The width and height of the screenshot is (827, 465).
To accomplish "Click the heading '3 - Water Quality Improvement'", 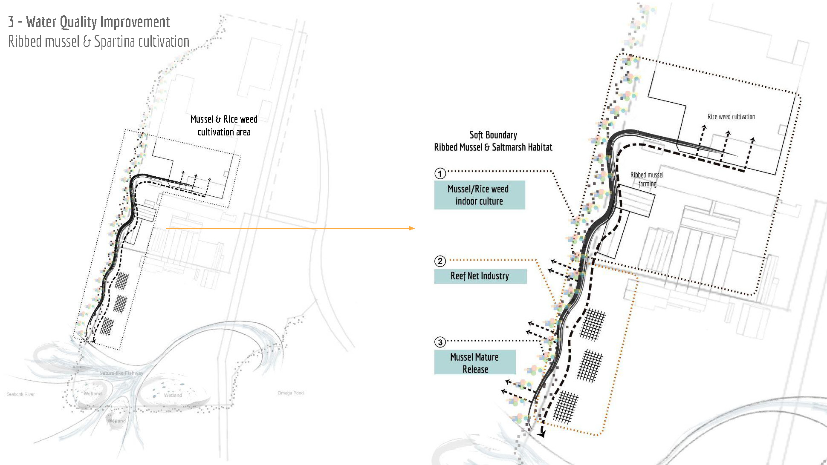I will (x=89, y=22).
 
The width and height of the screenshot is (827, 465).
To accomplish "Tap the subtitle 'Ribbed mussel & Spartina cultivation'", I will (x=98, y=42).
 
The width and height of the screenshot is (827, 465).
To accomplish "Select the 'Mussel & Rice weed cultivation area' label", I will (x=224, y=126).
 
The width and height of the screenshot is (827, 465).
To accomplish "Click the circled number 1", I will (x=440, y=173).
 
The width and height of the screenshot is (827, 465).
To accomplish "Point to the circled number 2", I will (x=440, y=261).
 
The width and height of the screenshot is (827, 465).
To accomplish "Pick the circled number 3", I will (x=440, y=342).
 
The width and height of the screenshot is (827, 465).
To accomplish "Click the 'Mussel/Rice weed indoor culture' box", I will (x=479, y=195).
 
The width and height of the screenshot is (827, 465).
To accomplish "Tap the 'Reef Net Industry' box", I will (x=480, y=276).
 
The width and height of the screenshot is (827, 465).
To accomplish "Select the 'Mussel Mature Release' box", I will (x=475, y=363).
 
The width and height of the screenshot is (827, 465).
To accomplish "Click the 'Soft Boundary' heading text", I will (x=493, y=135).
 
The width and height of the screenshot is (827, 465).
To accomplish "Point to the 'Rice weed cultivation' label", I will (x=731, y=117).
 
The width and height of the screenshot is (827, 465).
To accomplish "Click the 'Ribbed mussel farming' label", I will (x=647, y=179).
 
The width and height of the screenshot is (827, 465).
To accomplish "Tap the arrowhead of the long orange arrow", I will (x=412, y=228).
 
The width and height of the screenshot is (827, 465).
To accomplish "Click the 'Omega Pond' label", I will (x=291, y=393).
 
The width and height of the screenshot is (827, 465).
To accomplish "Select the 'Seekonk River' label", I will (x=20, y=394).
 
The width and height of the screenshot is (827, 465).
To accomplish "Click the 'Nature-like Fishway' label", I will (x=121, y=373).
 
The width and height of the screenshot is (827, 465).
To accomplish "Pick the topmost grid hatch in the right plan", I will (x=593, y=324).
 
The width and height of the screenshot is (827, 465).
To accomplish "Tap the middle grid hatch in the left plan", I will (x=121, y=304).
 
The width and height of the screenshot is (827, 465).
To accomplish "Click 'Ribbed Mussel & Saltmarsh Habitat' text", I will (x=493, y=147).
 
